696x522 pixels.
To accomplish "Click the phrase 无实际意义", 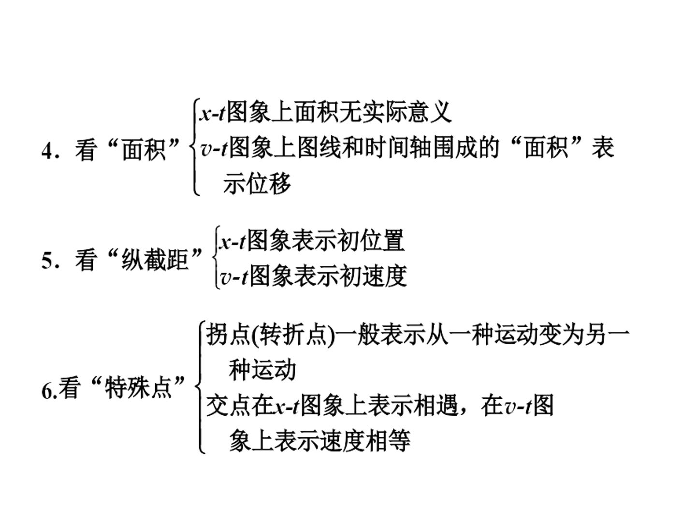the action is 395,112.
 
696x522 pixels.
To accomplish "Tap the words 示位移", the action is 257,183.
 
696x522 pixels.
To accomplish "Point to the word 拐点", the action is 228,334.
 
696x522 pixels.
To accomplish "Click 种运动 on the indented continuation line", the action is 262,370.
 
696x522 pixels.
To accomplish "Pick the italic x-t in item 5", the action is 232,242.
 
